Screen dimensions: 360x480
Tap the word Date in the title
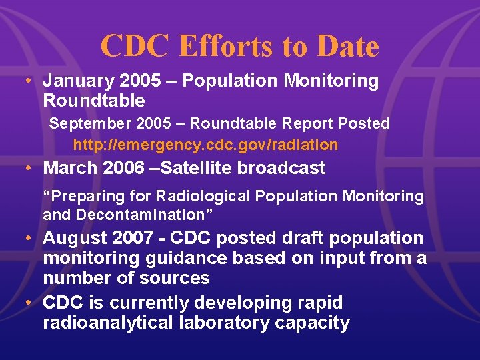pos(348,47)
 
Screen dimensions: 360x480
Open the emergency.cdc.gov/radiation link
pos(205,145)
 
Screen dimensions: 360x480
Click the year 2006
pos(123,168)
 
